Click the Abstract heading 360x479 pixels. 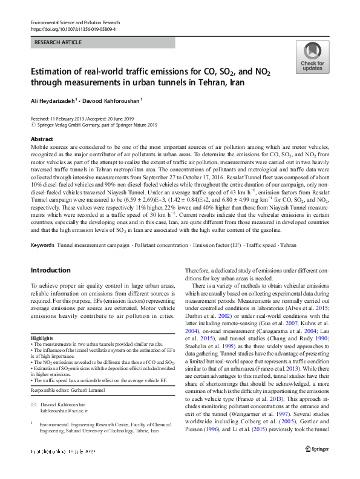click(x=42, y=139)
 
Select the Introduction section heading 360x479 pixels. click(x=50, y=270)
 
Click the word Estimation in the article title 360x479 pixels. click(x=53, y=71)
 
